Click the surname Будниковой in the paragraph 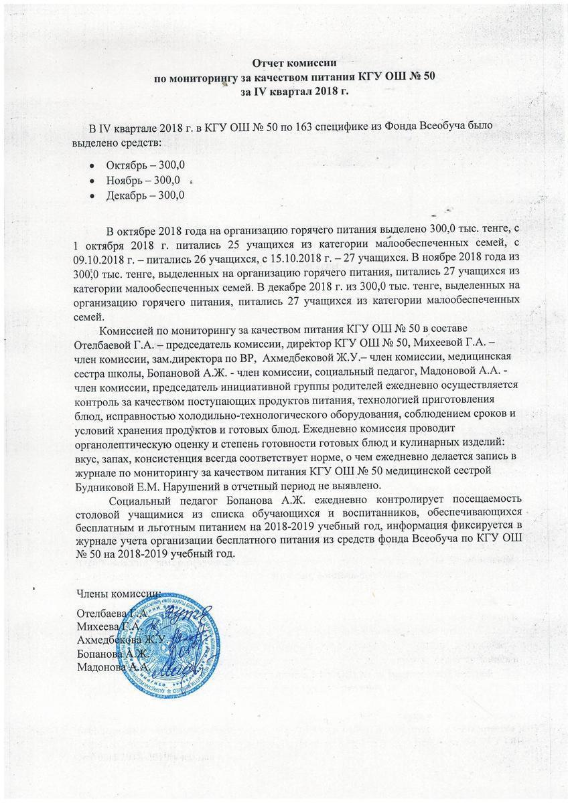pyautogui.click(x=113, y=485)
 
